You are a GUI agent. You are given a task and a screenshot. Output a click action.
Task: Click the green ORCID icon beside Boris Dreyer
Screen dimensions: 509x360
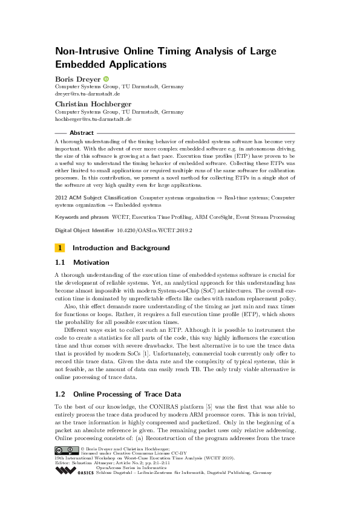coord(106,79)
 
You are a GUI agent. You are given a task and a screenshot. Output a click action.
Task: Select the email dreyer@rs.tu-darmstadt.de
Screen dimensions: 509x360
coord(88,94)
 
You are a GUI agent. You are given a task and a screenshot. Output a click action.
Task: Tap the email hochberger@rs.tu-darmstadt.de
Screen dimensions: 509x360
coord(94,120)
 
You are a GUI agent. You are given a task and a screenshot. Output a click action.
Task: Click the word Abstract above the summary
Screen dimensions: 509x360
coord(82,132)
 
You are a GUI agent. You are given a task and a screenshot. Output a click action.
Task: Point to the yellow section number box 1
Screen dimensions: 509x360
coord(60,248)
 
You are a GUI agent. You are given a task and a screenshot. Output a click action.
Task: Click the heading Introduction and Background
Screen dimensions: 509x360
coord(121,248)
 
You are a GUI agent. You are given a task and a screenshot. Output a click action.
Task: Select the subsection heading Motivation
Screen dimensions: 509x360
coord(91,262)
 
